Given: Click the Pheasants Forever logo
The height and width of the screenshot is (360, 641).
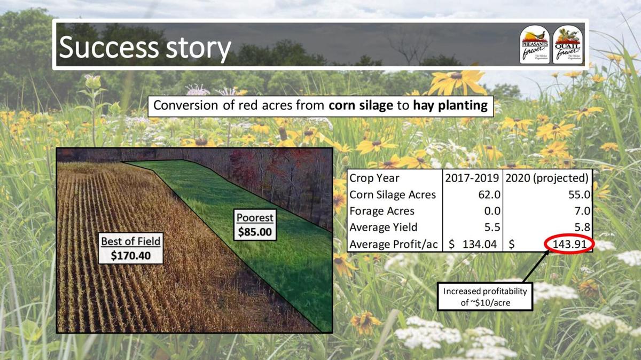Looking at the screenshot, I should [x=535, y=44].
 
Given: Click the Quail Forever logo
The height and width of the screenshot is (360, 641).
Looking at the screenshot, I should [x=568, y=44].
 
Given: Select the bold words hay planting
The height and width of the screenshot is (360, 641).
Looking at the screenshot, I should [x=450, y=106].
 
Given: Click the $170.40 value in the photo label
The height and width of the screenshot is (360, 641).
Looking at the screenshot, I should [x=130, y=255].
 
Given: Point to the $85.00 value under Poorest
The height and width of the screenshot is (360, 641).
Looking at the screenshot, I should [x=255, y=232].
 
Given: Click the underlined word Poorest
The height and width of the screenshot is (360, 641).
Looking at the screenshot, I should [x=255, y=218].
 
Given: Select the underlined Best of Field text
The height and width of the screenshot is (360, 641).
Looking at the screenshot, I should [x=130, y=241].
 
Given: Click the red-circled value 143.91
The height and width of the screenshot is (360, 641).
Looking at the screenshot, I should [x=572, y=245].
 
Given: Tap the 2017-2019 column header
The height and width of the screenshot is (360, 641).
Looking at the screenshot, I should [x=473, y=178].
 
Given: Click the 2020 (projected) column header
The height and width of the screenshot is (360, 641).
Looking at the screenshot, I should [x=548, y=178].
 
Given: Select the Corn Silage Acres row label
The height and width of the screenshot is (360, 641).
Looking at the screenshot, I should [x=393, y=194].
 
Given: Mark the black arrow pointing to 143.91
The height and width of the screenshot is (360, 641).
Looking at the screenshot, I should [x=536, y=267].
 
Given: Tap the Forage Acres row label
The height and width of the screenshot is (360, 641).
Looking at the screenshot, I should [x=382, y=211].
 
